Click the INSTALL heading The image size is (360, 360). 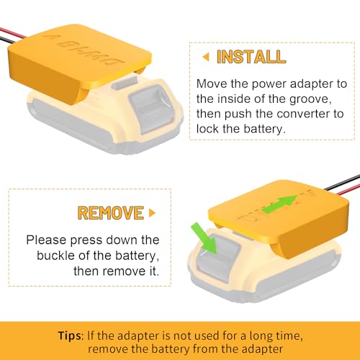pyautogui.click(x=251, y=57)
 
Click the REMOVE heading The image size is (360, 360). pyautogui.click(x=111, y=213)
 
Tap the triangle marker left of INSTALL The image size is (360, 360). pyautogui.click(x=206, y=57)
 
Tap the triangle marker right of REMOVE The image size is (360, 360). pyautogui.click(x=152, y=213)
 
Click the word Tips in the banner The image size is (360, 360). pyautogui.click(x=70, y=336)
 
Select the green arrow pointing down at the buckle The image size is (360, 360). pyautogui.click(x=204, y=238)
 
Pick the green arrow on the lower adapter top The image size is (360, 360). pyautogui.click(x=279, y=204)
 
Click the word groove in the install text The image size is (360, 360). pyautogui.click(x=310, y=99)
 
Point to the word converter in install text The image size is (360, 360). pyautogui.click(x=302, y=114)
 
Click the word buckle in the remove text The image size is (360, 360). pyautogui.click(x=55, y=255)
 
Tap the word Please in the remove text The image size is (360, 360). pyautogui.click(x=46, y=240)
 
